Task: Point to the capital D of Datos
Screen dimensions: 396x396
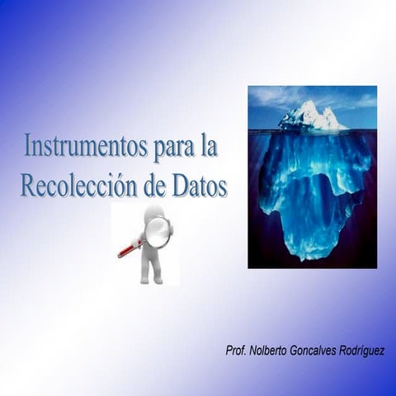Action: (x=180, y=185)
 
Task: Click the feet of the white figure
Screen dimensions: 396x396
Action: (x=150, y=279)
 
